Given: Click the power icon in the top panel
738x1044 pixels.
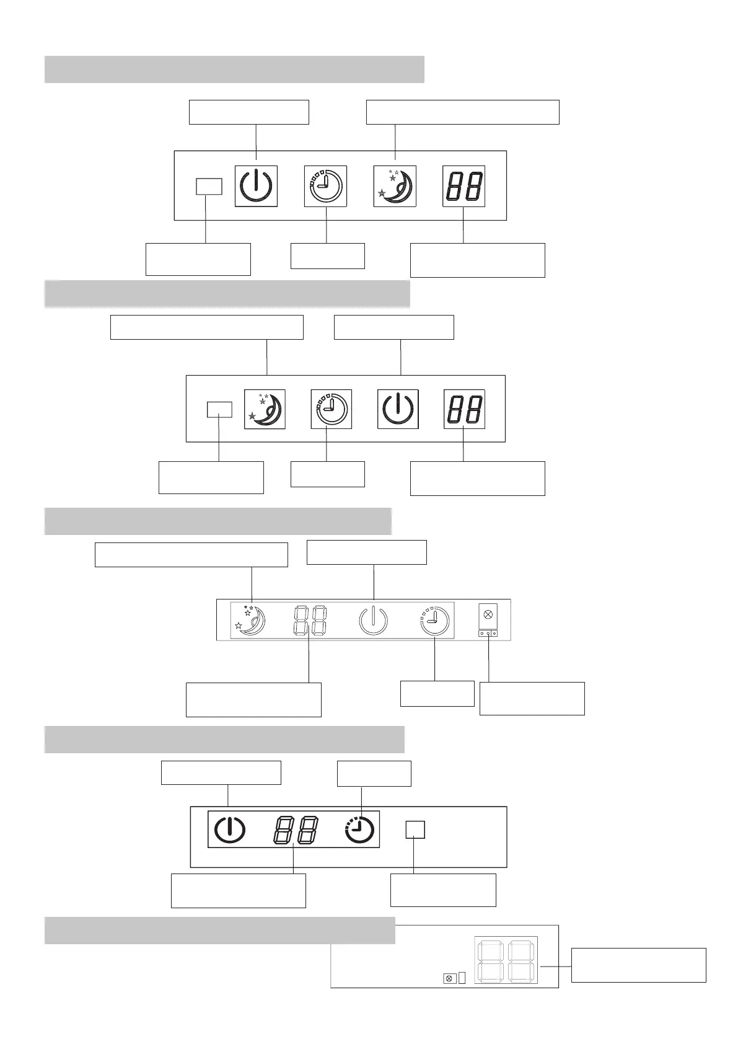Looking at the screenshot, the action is tap(255, 186).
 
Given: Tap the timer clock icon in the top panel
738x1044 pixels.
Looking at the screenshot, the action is tap(325, 186).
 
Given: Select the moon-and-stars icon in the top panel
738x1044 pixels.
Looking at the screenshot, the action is tap(395, 186).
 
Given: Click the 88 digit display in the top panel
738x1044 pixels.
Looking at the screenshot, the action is tap(463, 186).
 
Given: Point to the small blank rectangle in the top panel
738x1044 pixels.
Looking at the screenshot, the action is tap(209, 186).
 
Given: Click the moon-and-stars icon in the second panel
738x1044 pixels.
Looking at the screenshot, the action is tap(265, 409).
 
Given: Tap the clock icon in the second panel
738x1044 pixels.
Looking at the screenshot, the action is tap(331, 409).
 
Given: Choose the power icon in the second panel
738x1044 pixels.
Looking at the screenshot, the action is tap(398, 409).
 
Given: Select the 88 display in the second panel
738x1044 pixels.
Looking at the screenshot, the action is tap(464, 409).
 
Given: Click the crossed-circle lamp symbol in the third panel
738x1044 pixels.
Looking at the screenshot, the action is tap(488, 615).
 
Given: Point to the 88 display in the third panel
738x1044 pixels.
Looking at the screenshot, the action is tap(310, 620).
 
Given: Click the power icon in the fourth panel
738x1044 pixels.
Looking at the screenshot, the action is tap(229, 829).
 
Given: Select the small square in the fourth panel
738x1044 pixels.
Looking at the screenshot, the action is tap(415, 829).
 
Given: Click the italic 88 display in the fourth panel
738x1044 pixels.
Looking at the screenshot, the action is tap(296, 829).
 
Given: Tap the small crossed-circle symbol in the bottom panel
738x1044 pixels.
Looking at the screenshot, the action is tap(450, 978).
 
